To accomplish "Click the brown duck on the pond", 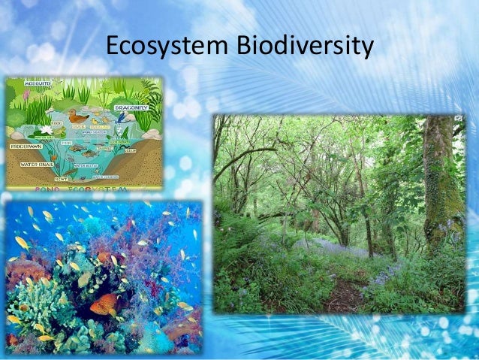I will pos(77,116).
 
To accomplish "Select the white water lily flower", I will pos(47,129).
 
